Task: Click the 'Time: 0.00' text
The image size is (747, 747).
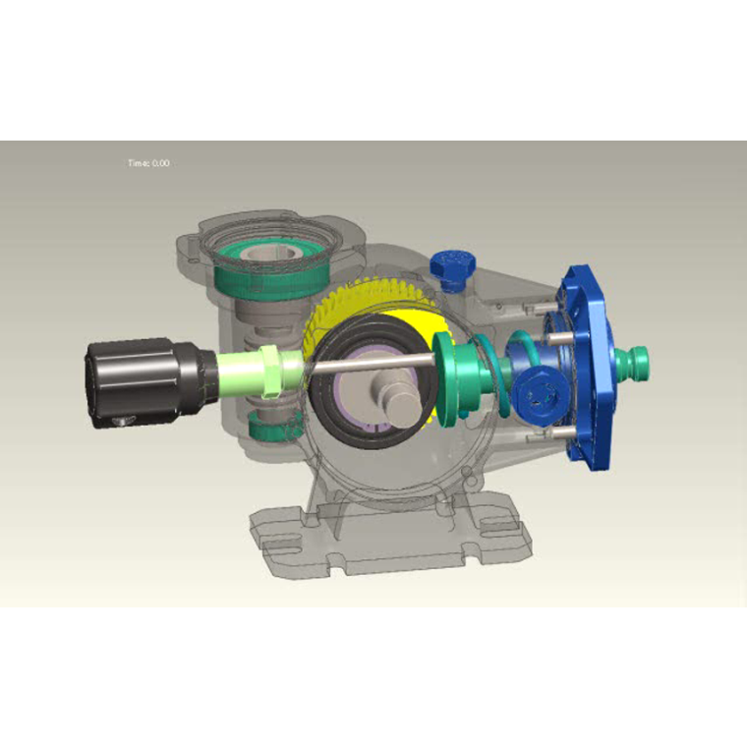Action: (148, 163)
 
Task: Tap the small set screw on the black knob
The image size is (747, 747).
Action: (125, 420)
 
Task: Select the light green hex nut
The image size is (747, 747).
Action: (271, 372)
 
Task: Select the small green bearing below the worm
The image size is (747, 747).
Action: (275, 426)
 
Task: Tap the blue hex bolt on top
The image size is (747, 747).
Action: (453, 267)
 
